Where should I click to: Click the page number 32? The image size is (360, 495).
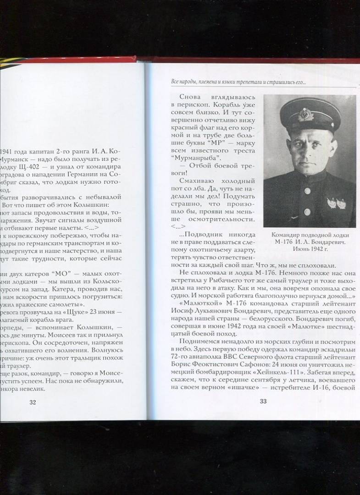tap(32, 402)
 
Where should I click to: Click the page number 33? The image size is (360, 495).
tap(263, 402)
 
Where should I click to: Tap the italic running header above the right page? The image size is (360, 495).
tap(238, 82)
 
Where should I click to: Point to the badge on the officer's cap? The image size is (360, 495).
tap(305, 114)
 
